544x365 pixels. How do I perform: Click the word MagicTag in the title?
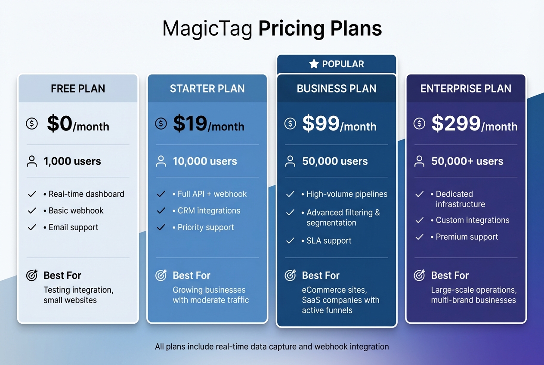(207, 29)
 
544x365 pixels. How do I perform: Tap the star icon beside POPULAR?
(314, 64)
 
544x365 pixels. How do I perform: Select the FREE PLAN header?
(78, 89)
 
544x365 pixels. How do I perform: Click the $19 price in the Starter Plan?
(190, 124)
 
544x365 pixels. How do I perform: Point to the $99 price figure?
(321, 124)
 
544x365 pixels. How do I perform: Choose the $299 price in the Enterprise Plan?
(456, 124)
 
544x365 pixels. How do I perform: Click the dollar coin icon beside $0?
(32, 124)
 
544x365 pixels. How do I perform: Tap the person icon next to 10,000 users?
(161, 161)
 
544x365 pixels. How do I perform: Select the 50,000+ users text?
(467, 161)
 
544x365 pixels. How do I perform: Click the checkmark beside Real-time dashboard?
(32, 194)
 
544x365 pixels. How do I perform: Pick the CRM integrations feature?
(209, 210)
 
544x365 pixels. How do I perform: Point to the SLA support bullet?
(329, 241)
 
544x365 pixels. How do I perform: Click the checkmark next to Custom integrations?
(420, 220)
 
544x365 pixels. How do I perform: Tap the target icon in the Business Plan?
(291, 275)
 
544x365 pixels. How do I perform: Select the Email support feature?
(73, 227)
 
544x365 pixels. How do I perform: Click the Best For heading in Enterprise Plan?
(450, 275)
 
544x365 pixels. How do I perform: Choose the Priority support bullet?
(206, 227)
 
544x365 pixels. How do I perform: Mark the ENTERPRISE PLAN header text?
(466, 89)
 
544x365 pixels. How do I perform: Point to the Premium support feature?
(467, 237)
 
